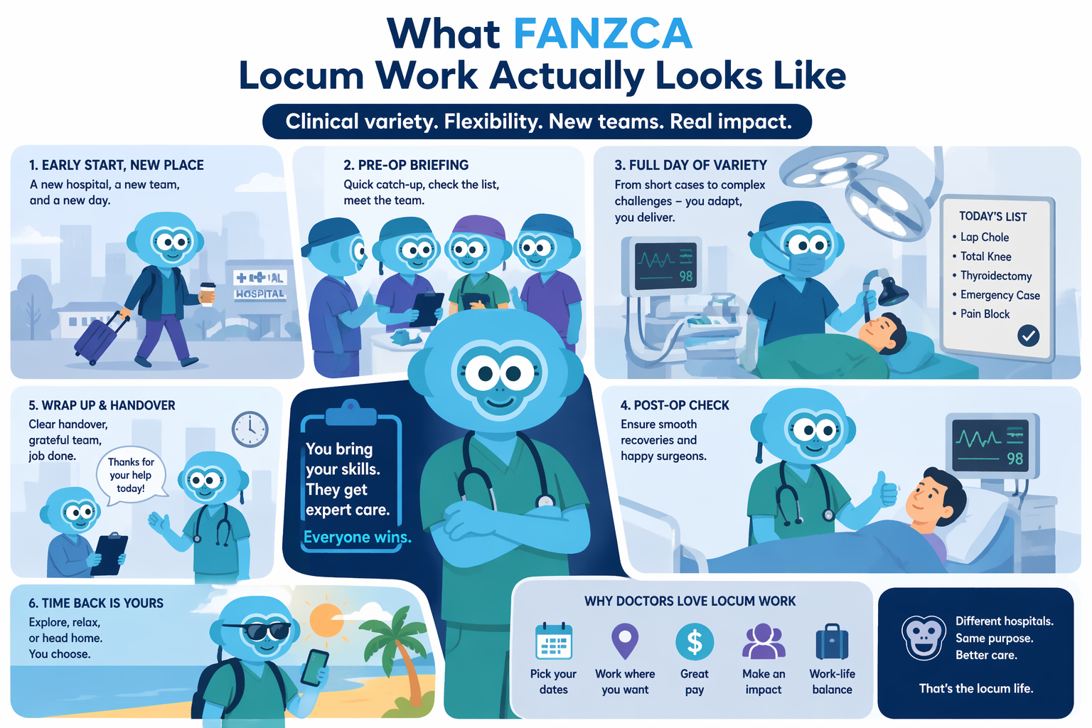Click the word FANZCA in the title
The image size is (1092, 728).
point(603,33)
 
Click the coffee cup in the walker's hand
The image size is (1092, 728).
point(207,294)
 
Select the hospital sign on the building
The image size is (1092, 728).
point(259,286)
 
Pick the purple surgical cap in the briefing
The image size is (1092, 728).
point(477,227)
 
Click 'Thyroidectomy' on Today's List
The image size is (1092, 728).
point(996,276)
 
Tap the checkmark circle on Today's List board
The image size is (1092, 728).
point(1028,336)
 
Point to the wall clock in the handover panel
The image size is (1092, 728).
point(250,429)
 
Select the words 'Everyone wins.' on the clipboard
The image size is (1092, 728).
point(358,537)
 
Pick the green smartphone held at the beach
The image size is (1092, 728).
point(314,668)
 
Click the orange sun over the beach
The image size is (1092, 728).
point(326,620)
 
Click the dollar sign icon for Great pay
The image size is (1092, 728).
point(694,642)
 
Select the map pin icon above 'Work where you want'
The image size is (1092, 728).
point(625,641)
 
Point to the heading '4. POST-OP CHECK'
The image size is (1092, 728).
point(675,405)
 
